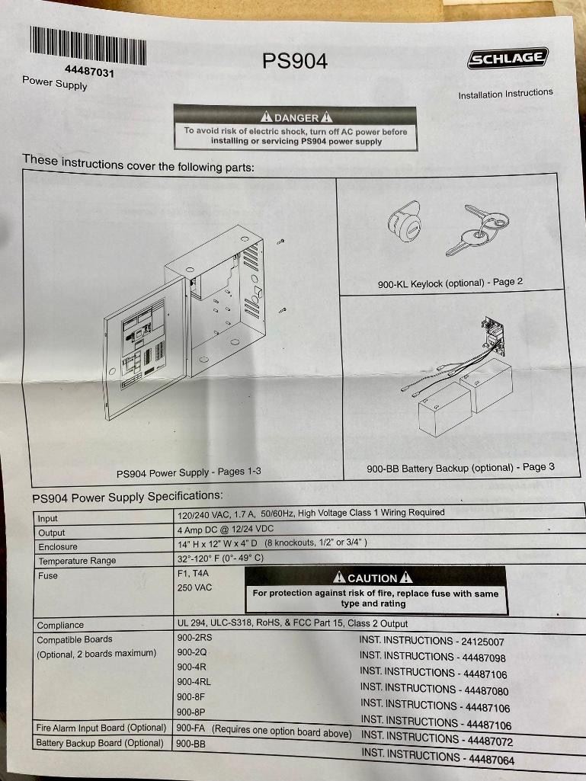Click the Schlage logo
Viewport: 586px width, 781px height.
[x=508, y=58]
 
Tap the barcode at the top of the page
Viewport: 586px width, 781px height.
[x=88, y=46]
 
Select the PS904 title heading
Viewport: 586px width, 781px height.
[x=295, y=61]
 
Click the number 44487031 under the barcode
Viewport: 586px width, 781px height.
[x=89, y=72]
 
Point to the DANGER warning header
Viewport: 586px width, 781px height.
[x=296, y=117]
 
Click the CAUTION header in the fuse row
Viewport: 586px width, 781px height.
[x=372, y=578]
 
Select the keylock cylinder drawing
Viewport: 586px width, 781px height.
[x=404, y=222]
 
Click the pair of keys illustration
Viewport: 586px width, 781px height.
[x=477, y=229]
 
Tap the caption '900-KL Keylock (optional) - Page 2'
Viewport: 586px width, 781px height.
[x=450, y=283]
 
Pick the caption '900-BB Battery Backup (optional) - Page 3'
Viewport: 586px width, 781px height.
[x=460, y=468]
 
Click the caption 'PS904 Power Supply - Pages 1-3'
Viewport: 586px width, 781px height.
[x=189, y=472]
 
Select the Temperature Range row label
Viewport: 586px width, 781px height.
[x=77, y=561]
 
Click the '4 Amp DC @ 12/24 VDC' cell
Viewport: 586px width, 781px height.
[x=226, y=529]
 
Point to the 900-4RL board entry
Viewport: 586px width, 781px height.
[x=194, y=681]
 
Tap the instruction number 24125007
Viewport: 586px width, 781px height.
[x=483, y=642]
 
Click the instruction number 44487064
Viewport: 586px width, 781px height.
[x=492, y=760]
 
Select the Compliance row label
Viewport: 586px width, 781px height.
[x=60, y=625]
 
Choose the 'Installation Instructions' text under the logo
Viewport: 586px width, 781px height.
[x=506, y=94]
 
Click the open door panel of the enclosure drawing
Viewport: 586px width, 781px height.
[x=145, y=349]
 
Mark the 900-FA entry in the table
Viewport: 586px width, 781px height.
[x=191, y=728]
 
